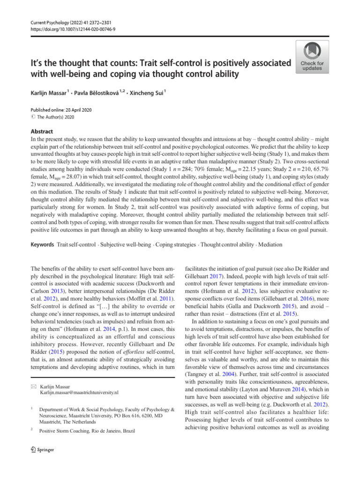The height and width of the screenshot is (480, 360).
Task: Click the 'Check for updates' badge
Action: [312, 57]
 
